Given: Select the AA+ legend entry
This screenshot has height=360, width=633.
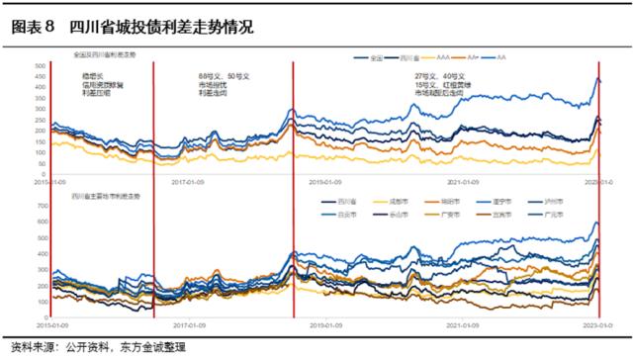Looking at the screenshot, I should coord(506,59).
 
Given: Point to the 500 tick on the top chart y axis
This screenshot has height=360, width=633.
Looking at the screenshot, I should coord(40,66).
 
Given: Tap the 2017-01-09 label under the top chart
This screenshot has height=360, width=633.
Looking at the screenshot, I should coord(188,182).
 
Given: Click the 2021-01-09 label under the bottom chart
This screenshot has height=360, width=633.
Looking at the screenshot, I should coord(463,323).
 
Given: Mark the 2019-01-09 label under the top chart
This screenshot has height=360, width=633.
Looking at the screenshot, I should coord(325,182).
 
